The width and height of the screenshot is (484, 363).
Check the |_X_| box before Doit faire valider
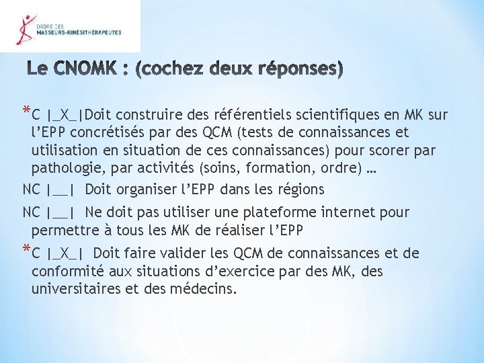[65, 254]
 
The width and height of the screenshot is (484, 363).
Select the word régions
[300, 190]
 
